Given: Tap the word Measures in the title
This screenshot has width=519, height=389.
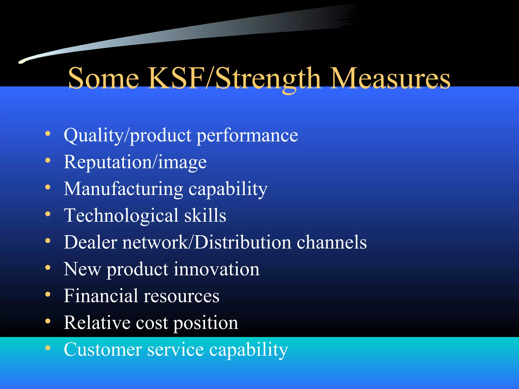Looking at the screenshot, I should click(391, 79).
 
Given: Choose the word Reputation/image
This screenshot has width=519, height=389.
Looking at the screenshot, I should click(135, 162).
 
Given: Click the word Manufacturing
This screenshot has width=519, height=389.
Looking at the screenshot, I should click(123, 189).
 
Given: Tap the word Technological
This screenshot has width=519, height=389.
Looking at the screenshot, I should click(121, 216).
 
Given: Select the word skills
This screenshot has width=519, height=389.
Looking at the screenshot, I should click(205, 216).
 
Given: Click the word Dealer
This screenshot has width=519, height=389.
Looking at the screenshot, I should click(90, 242).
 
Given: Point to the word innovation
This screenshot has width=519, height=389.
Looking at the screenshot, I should click(216, 269).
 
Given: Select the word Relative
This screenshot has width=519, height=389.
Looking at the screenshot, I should click(97, 323).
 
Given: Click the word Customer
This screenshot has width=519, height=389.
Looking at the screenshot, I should click(103, 350).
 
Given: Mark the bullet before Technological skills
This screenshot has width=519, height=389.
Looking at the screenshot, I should click(48, 214).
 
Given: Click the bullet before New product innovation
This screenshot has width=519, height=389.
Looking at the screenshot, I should click(48, 268).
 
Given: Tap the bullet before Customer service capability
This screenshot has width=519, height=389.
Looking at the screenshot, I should click(48, 348).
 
